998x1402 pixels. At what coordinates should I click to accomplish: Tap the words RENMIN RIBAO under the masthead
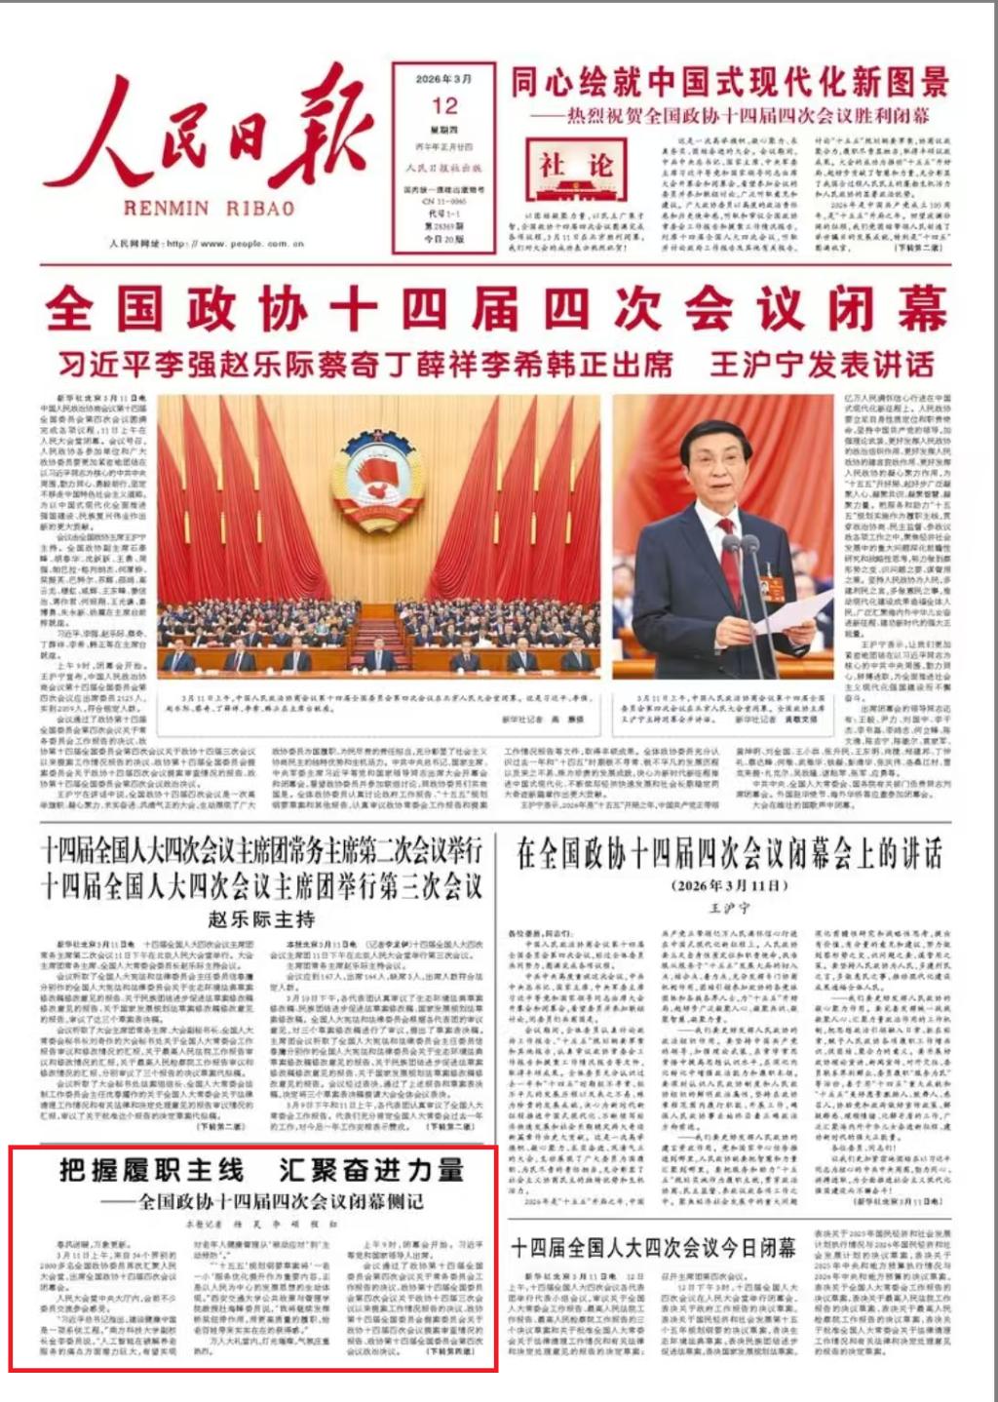click(209, 209)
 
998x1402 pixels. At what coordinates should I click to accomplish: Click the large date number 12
click(444, 105)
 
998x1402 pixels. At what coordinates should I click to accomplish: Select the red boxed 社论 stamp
click(570, 167)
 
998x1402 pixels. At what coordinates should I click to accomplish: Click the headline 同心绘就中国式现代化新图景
click(730, 83)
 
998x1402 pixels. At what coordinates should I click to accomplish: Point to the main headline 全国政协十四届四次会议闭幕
click(497, 310)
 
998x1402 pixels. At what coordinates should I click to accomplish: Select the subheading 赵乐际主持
click(261, 918)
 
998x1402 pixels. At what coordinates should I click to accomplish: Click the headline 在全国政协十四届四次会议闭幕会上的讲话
click(729, 855)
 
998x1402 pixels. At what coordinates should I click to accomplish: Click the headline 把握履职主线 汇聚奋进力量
click(261, 1170)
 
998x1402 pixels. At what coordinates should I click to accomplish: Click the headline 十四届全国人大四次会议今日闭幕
click(653, 1247)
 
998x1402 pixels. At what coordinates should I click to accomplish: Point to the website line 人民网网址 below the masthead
click(207, 243)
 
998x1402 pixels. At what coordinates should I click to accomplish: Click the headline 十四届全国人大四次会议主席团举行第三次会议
click(261, 886)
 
